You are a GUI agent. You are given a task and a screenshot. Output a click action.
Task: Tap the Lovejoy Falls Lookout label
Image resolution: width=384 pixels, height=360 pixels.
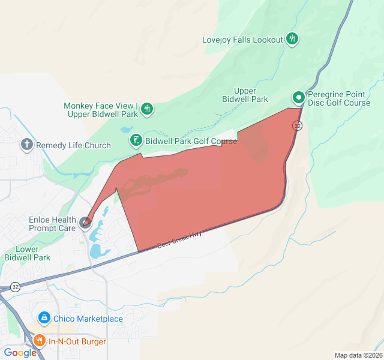(x=242, y=40)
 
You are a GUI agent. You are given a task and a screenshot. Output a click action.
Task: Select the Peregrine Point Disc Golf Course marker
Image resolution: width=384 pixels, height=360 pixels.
(x=298, y=97)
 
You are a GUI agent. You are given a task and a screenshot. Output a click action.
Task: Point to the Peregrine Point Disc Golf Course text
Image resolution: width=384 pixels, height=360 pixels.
(x=339, y=99)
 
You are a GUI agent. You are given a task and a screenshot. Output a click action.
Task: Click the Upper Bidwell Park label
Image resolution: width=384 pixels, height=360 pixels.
(x=245, y=95)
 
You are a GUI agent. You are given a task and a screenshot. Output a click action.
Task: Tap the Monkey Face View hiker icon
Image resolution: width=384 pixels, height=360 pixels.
(x=146, y=110)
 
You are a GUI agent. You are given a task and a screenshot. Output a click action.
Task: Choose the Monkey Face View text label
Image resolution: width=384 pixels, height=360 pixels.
(x=101, y=110)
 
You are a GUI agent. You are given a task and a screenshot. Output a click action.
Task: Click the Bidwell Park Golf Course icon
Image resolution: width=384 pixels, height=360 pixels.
(x=136, y=141)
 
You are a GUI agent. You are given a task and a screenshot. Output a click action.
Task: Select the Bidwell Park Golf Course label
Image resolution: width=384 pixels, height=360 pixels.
(x=191, y=142)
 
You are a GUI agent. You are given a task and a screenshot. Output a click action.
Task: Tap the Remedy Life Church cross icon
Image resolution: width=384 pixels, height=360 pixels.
(x=26, y=145)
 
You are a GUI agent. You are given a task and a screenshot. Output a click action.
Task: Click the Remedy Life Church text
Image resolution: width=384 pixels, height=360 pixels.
(x=73, y=145)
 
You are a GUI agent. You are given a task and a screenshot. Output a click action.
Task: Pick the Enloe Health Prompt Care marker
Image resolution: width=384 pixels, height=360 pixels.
(x=86, y=222)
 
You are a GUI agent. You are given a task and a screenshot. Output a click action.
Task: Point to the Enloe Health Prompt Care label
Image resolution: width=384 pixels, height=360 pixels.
(x=52, y=224)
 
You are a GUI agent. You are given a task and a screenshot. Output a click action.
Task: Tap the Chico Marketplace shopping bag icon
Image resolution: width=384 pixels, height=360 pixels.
(x=44, y=319)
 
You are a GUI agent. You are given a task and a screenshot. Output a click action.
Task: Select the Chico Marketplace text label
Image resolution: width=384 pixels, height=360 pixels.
(x=88, y=319)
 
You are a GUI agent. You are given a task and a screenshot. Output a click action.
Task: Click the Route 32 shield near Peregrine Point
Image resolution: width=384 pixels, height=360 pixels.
(x=297, y=125)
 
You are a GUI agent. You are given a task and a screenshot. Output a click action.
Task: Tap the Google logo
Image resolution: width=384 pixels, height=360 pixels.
(x=20, y=353)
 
